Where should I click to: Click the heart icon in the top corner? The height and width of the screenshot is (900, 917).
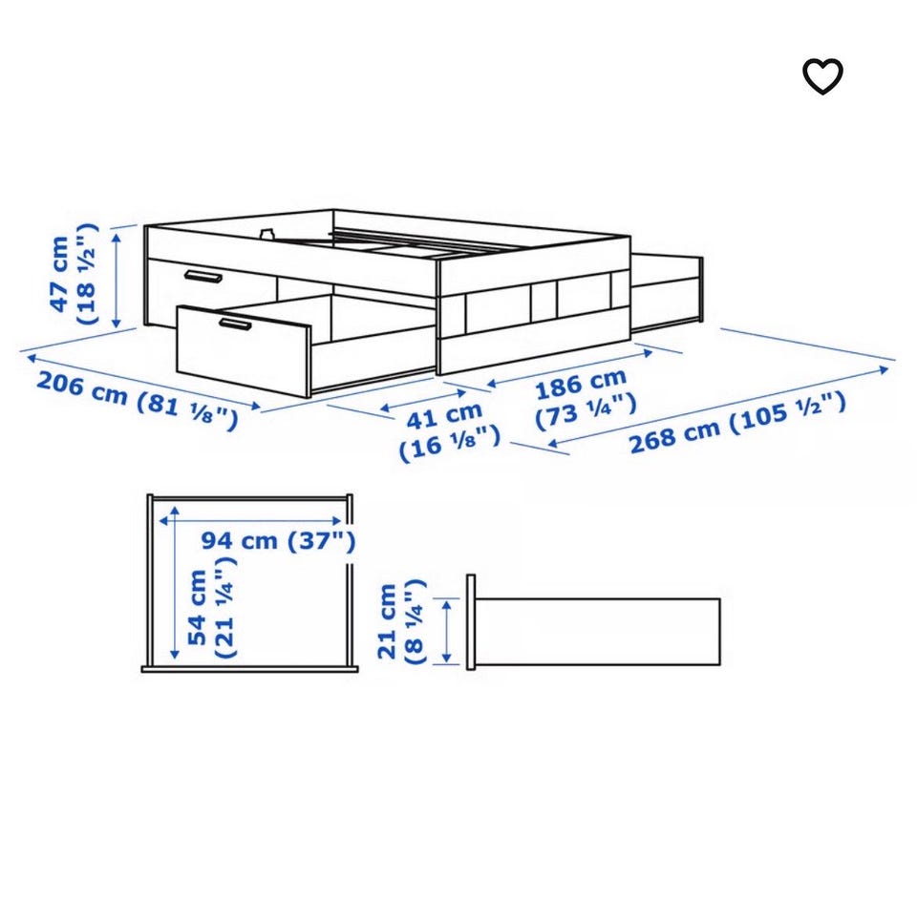click(x=822, y=76)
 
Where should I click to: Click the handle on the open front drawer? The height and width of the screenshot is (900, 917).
click(x=235, y=324)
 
